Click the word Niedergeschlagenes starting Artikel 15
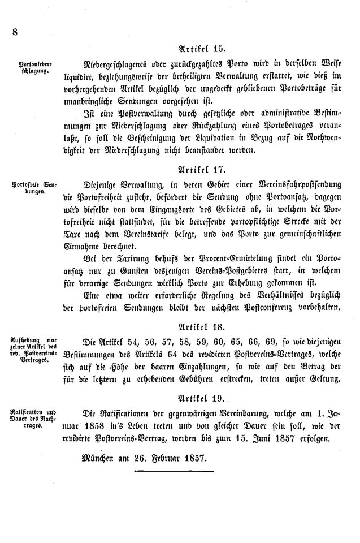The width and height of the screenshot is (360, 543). pos(115,64)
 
